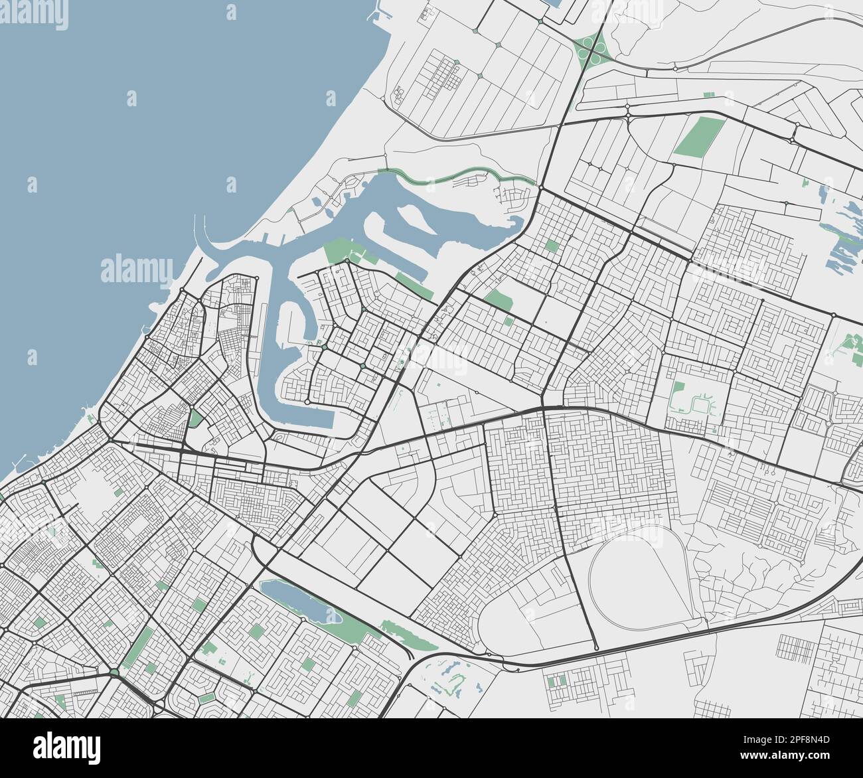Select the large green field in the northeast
pyautogui.click(x=692, y=136)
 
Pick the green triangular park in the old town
pyautogui.click(x=195, y=419)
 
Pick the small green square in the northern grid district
pyautogui.click(x=551, y=246)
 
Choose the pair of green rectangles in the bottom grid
pyautogui.click(x=556, y=680)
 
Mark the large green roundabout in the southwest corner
pyautogui.click(x=114, y=674)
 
